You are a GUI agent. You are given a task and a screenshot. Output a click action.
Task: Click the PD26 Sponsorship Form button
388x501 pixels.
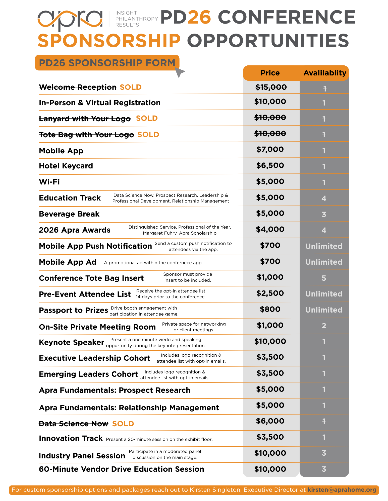coord(107,63)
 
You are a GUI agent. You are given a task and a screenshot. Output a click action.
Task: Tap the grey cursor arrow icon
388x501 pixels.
coord(179,72)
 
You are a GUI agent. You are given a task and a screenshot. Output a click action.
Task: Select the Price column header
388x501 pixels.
coord(270,73)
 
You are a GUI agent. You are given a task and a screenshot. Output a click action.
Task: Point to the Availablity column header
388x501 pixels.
coord(325,73)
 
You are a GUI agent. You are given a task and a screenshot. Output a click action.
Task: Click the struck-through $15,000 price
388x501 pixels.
coord(271,87)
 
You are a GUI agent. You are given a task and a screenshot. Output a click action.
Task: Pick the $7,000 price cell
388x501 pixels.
coord(270,149)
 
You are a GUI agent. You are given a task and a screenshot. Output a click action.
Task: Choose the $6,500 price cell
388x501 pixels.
coord(270,165)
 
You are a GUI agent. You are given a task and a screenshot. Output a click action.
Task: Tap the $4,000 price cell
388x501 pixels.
coord(270,229)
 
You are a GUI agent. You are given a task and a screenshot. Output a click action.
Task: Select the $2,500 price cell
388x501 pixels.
coord(270,293)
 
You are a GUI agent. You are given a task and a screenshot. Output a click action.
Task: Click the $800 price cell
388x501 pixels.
coord(270,309)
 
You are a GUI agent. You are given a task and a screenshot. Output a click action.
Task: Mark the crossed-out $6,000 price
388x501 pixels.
coord(270,421)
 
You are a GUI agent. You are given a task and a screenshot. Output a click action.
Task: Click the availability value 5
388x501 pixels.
coord(324,278)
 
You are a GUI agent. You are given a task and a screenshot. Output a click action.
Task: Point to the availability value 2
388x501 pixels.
coord(324,326)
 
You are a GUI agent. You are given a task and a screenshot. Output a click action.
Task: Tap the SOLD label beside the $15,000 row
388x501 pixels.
coord(131,87)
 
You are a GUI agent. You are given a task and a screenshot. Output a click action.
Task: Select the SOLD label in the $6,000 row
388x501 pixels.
coord(123,424)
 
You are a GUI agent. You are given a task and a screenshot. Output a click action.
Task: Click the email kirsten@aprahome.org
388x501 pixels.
coord(342,490)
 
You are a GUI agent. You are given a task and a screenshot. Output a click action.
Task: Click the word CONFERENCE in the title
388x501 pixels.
coord(286,17)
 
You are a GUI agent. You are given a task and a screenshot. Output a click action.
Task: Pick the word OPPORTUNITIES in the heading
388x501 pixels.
coord(268,41)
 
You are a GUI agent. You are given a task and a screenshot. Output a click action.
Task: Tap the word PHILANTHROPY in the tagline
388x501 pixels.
coord(137,19)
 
